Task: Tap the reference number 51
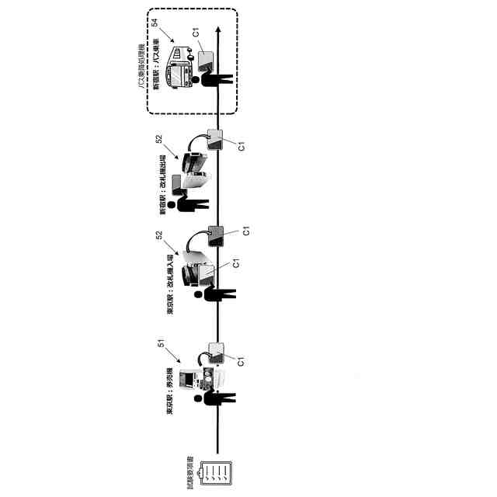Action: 161,344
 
